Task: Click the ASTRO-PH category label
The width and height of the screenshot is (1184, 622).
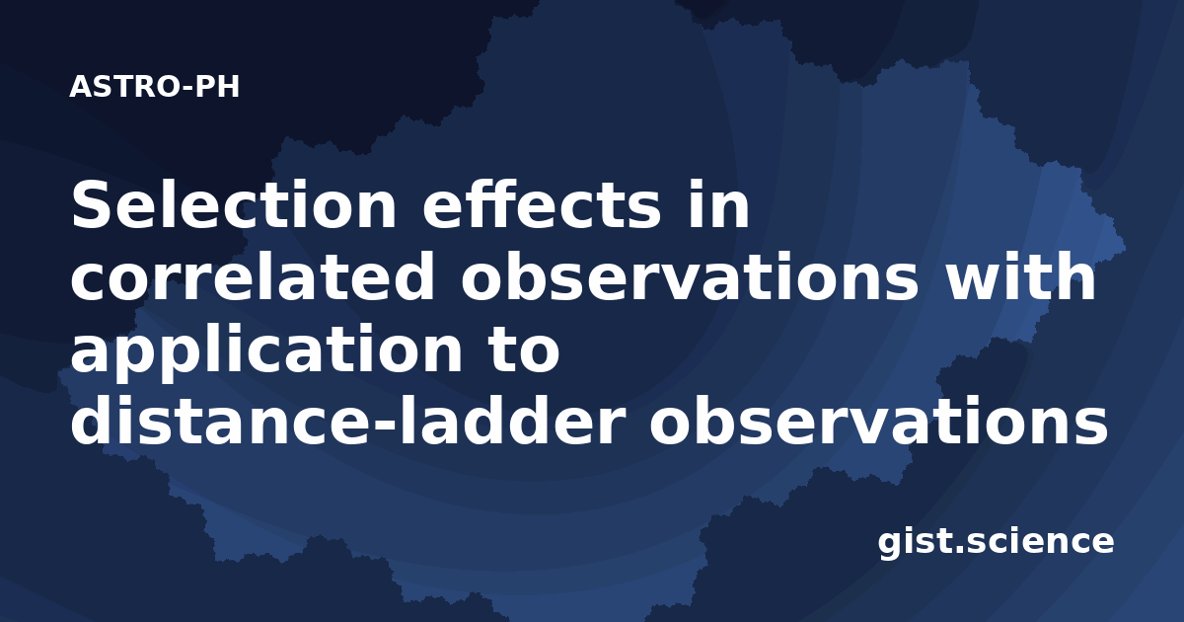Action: pos(154,87)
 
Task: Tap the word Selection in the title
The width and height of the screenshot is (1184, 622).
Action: pos(233,204)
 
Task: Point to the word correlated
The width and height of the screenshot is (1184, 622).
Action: pos(253,276)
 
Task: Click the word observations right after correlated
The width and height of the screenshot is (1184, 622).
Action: pos(691,276)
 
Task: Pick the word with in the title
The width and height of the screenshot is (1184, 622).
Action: pos(1020,276)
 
